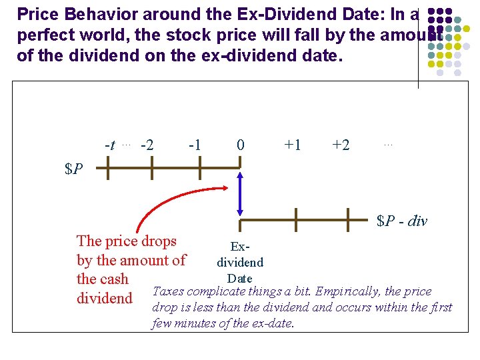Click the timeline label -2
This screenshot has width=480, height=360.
tap(147, 145)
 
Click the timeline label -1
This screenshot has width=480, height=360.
tap(195, 145)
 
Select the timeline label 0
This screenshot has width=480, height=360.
tap(240, 145)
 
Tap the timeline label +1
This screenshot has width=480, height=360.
tap(293, 145)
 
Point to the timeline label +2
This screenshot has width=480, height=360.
tap(341, 145)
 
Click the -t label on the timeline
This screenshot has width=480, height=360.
tap(110, 145)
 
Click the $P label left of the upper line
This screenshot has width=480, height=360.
tap(74, 169)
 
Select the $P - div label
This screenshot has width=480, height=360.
tap(401, 221)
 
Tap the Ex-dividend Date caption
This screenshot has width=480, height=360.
tap(239, 263)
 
